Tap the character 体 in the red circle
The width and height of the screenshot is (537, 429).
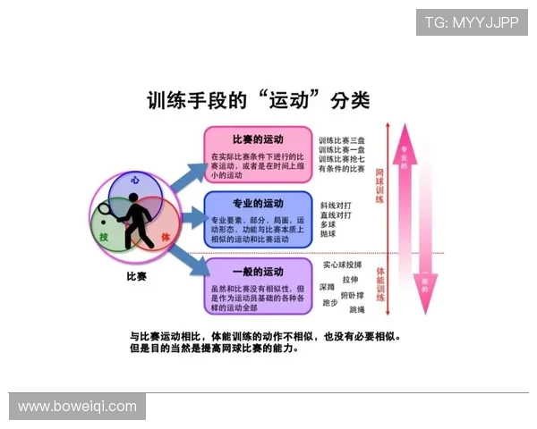(x=165, y=236)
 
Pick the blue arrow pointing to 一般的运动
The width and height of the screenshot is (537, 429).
(x=191, y=259)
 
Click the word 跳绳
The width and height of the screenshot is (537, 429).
(x=357, y=309)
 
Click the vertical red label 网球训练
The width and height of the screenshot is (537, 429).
(x=379, y=183)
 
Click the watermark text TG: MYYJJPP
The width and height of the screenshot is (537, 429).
(x=471, y=22)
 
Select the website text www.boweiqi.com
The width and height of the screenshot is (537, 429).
(x=77, y=407)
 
